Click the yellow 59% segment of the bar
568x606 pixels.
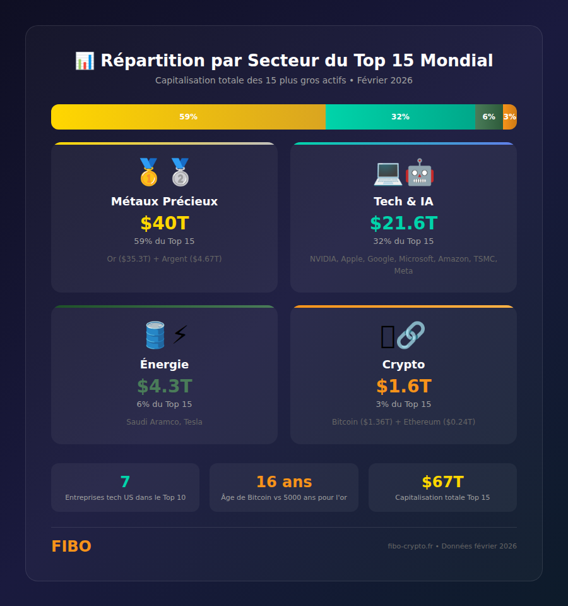click(x=188, y=117)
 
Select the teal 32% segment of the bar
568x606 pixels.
click(x=400, y=117)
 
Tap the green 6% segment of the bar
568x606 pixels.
click(x=489, y=117)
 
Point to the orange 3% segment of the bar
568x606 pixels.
click(x=510, y=117)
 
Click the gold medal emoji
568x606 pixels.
click(x=149, y=172)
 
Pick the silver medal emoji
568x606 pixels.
click(x=180, y=172)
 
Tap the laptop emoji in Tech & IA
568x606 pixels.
click(x=388, y=172)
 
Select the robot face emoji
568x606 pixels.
click(x=419, y=172)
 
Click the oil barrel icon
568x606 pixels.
click(x=155, y=335)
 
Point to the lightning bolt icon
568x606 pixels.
click(x=180, y=335)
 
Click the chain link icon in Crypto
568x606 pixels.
click(x=411, y=335)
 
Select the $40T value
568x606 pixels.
click(x=164, y=223)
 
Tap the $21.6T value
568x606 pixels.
click(x=403, y=223)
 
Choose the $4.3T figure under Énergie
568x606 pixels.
click(x=164, y=386)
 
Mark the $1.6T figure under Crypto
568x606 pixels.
click(x=403, y=386)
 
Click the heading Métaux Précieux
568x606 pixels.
click(x=164, y=202)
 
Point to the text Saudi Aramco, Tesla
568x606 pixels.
click(x=164, y=422)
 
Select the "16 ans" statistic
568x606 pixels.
click(x=283, y=482)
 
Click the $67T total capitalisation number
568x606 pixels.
click(x=442, y=482)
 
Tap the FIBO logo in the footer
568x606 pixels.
click(x=71, y=547)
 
